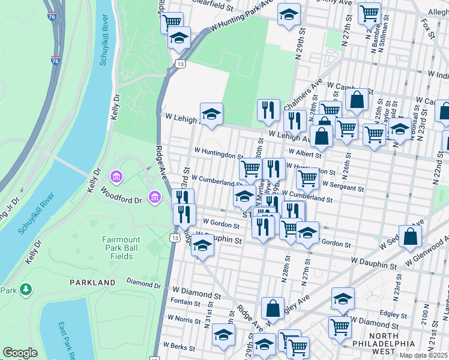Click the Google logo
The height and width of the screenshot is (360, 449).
click(x=20, y=353)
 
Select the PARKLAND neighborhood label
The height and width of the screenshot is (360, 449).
click(x=92, y=282)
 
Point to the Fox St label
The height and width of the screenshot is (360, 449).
click(x=427, y=28)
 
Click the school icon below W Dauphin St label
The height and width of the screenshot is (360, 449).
click(x=203, y=245)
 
